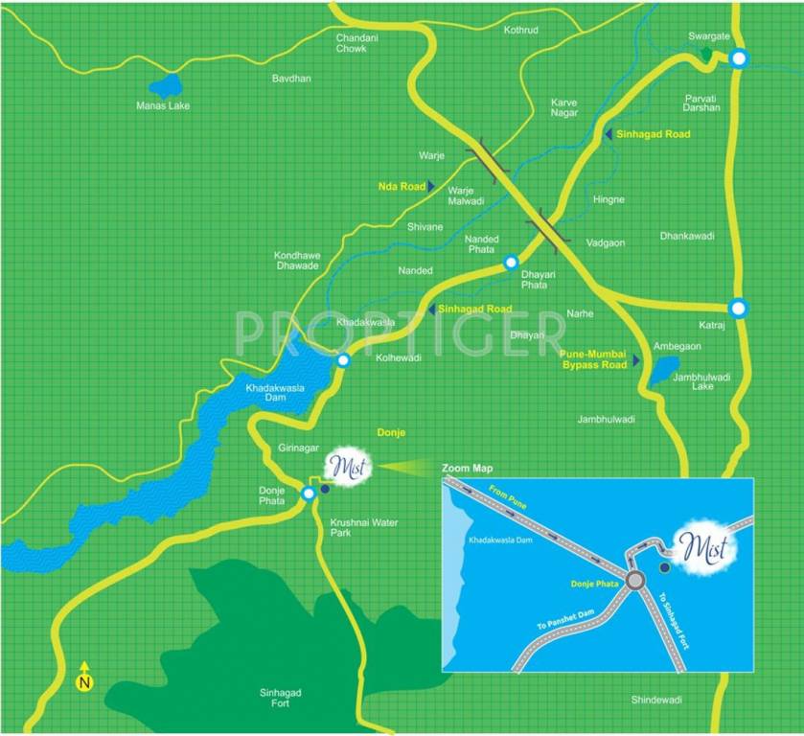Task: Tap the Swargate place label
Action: [x=709, y=36]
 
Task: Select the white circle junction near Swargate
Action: [x=738, y=58]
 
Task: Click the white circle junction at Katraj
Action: [x=737, y=309]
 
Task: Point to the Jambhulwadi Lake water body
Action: [x=663, y=369]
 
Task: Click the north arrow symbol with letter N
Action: [x=84, y=678]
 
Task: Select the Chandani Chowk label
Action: [x=352, y=43]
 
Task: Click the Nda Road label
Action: [x=401, y=184]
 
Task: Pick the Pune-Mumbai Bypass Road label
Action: [x=593, y=358]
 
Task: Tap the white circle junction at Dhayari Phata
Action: [x=511, y=262]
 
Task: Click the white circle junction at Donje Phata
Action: [x=309, y=494]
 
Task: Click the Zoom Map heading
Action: [x=467, y=469]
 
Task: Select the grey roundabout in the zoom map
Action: [x=634, y=580]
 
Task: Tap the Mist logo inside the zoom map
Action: [x=704, y=547]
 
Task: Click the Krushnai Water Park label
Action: [x=363, y=527]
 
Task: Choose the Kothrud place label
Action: [x=521, y=30]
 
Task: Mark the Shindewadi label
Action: [x=656, y=701]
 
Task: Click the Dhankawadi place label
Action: [x=688, y=236]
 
